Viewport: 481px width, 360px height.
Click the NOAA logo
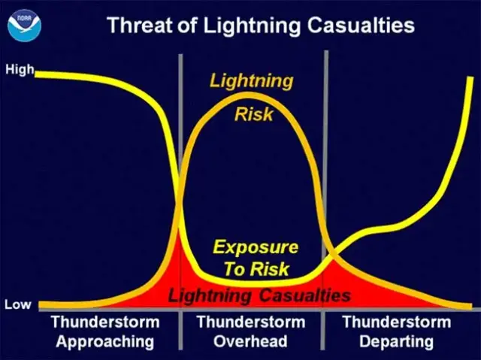[x=25, y=26]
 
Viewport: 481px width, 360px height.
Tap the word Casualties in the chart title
[x=361, y=25]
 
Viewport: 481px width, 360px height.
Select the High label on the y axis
[x=20, y=70]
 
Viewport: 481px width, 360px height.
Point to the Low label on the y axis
[x=18, y=304]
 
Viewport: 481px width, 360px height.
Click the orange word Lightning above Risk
[x=252, y=82]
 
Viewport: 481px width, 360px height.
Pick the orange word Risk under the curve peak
[x=254, y=114]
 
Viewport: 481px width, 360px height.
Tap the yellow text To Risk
[x=256, y=269]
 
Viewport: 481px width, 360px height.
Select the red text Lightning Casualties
[x=259, y=296]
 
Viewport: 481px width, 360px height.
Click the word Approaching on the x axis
[x=105, y=342]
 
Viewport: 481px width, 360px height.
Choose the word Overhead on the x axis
[x=250, y=341]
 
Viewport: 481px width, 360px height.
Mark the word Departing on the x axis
[x=397, y=342]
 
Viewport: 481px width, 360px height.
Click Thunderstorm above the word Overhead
[x=251, y=322]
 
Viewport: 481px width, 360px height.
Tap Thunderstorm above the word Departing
[x=397, y=322]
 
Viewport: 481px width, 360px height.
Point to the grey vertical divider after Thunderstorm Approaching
[x=180, y=201]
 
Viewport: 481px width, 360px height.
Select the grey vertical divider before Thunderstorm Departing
[x=325, y=200]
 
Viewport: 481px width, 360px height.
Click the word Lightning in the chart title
[x=252, y=26]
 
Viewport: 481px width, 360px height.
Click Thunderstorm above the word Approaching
[x=105, y=322]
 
